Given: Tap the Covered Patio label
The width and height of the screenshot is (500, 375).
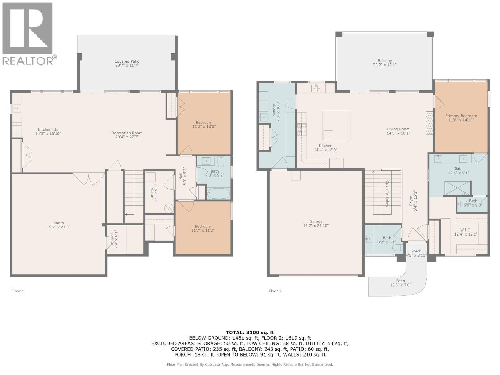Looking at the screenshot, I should [127, 62].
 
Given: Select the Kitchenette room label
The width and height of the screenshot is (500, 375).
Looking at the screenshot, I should [48, 130].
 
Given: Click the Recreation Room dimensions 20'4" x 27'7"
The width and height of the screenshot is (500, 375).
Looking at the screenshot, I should [127, 137].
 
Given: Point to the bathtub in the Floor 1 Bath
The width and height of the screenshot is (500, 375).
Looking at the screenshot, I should [218, 193].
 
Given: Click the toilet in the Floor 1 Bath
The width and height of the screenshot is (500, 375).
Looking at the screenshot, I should [221, 162].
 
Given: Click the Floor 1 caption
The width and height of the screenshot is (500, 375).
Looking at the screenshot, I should [18, 291].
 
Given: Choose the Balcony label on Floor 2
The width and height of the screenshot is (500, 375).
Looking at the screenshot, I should [385, 61].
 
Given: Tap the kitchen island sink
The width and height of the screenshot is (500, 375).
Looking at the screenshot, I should [328, 135].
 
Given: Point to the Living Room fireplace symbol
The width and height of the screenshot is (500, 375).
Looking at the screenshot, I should [430, 123].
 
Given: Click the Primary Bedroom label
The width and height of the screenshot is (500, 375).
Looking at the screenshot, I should [461, 116].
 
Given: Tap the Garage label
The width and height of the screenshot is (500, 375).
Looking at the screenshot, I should [316, 221].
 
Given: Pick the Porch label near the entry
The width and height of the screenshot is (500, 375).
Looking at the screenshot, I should [416, 251].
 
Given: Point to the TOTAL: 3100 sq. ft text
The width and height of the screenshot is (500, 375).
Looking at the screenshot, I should [250, 332].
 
